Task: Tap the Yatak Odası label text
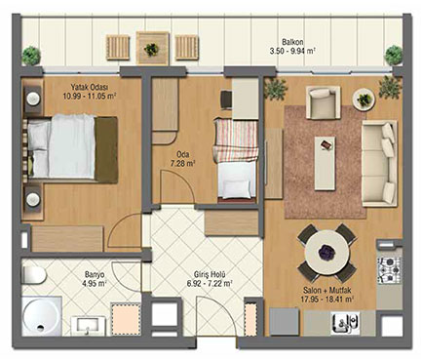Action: coord(90,87)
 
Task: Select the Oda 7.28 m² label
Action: coord(183,159)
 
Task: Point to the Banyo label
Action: coord(95,274)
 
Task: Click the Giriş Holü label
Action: coord(210,275)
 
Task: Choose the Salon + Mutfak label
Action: coord(328,290)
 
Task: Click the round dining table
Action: coord(327,253)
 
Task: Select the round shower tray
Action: coord(42,316)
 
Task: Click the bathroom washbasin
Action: coord(89,326)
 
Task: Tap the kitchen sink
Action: coord(345,323)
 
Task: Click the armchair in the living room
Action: coord(324,102)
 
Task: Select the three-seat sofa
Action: coord(379,164)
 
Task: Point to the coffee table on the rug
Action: coord(325,163)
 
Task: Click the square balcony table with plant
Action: coord(153,49)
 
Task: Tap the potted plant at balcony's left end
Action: coord(31,55)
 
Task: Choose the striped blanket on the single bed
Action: coord(236,140)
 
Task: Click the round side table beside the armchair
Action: coord(364,99)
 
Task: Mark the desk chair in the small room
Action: coord(226,100)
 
